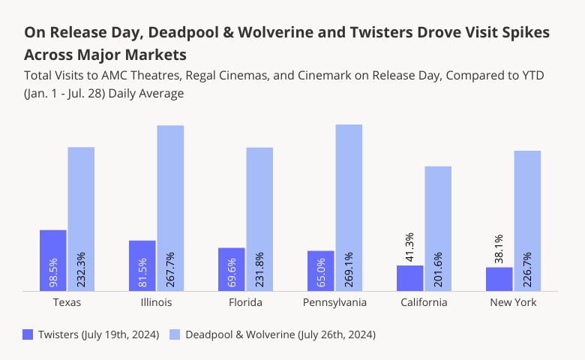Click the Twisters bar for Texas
[53, 260]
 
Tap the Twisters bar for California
[409, 278]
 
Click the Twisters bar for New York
[499, 279]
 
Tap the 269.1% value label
[349, 268]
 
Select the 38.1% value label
[499, 249]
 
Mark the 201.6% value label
[438, 268]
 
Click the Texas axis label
[67, 302]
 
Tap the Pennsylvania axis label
[334, 302]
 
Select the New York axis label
[513, 302]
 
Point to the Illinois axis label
[156, 302]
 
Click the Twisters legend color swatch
[28, 334]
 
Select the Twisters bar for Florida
[231, 269]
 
